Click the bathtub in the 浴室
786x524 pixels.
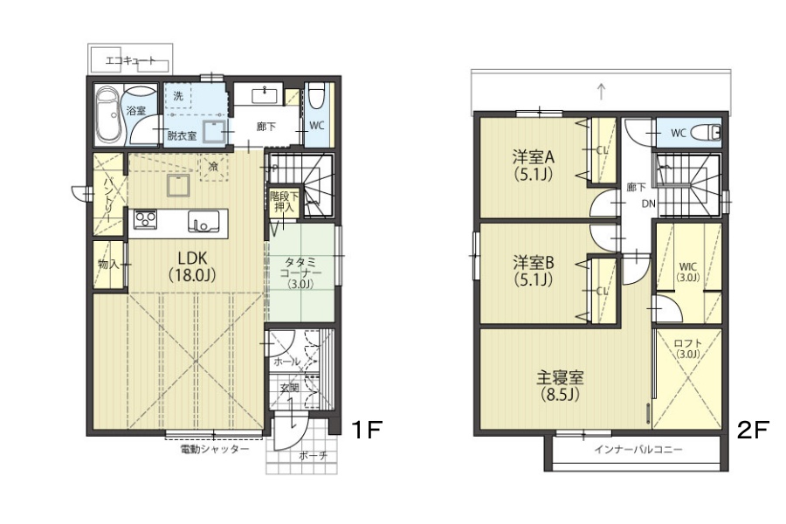(x=107, y=114)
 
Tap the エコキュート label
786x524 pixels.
(x=130, y=61)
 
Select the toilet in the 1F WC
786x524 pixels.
(x=317, y=97)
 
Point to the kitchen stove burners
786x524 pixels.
(x=145, y=219)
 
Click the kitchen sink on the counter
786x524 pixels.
(x=203, y=221)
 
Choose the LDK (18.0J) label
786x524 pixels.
(x=192, y=266)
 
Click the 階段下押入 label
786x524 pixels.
(x=284, y=201)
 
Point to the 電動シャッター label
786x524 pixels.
(x=215, y=449)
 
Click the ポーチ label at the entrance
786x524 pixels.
(x=313, y=456)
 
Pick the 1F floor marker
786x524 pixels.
(x=367, y=430)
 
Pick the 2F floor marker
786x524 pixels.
(x=752, y=430)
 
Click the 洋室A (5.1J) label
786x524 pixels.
(x=533, y=165)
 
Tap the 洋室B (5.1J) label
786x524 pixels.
(x=533, y=271)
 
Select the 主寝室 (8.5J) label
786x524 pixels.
(x=560, y=386)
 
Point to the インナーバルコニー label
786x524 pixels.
(x=638, y=449)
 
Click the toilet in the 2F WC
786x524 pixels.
(x=706, y=133)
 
